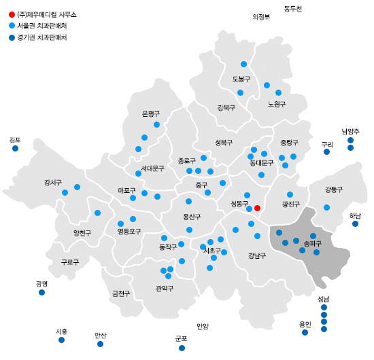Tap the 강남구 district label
[257, 255]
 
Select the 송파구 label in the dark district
[312, 242]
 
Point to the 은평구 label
[150, 113]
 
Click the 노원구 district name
[277, 104]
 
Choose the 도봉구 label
[241, 79]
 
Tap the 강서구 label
[53, 182]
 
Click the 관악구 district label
[165, 288]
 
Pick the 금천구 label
[121, 293]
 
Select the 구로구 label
[70, 262]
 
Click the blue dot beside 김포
[15, 148]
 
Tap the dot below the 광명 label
[41, 292]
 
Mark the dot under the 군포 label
[182, 348]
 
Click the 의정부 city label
[261, 17]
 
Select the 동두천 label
[292, 8]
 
